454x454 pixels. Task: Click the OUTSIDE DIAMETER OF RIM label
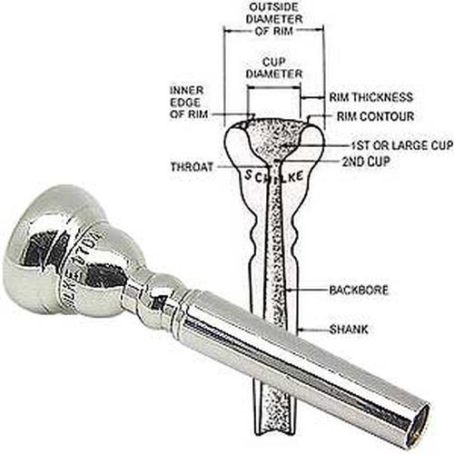click(274, 19)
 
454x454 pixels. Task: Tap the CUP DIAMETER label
click(274, 68)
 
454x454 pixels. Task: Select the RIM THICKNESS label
click(370, 97)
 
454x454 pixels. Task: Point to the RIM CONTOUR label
click(375, 116)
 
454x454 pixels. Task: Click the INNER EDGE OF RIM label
click(189, 103)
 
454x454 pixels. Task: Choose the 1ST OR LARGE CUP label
click(402, 145)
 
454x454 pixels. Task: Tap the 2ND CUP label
click(366, 162)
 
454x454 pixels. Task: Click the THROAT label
click(192, 167)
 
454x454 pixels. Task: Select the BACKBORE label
click(359, 291)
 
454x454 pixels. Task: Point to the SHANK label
click(349, 329)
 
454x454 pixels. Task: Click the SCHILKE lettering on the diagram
click(274, 176)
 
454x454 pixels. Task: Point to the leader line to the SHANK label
click(313, 329)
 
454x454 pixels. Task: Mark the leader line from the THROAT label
click(241, 167)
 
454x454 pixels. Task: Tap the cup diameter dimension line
click(274, 88)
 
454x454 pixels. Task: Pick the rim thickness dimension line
click(312, 97)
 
